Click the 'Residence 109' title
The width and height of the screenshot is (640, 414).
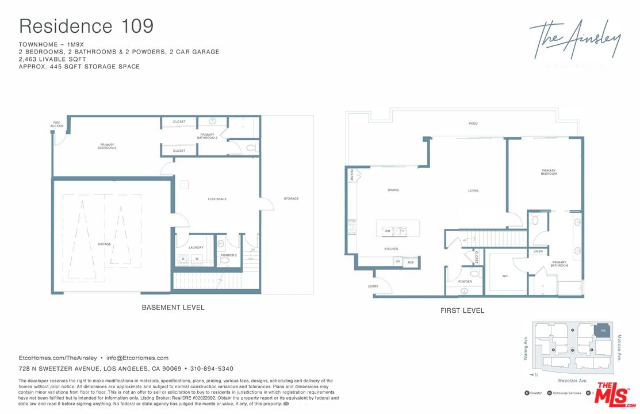click(x=86, y=26)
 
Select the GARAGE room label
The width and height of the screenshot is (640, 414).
click(x=104, y=244)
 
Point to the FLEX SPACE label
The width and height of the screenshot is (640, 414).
click(x=217, y=199)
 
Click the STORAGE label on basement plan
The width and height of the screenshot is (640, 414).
click(x=291, y=199)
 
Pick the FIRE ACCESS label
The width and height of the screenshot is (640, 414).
click(x=57, y=124)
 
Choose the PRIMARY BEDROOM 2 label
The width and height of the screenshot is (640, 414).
click(x=108, y=147)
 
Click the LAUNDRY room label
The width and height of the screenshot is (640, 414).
click(x=196, y=248)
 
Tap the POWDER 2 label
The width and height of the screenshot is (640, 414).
click(x=228, y=255)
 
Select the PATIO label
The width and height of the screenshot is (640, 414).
click(x=473, y=124)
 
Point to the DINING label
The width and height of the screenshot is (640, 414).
click(x=393, y=190)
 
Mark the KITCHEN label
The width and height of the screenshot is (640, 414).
click(x=392, y=249)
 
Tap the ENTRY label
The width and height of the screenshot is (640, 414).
click(x=373, y=286)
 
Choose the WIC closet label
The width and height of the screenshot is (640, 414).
click(x=505, y=276)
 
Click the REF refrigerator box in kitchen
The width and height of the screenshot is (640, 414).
click(x=411, y=262)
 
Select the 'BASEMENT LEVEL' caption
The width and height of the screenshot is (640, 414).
click(x=173, y=308)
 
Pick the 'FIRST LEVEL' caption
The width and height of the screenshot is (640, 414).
click(x=462, y=310)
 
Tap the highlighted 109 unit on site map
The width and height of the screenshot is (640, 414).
click(x=603, y=331)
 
